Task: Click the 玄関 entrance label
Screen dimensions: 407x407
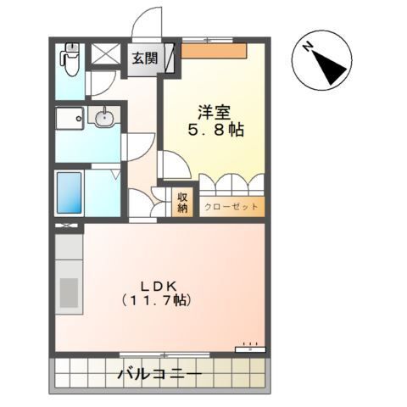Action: coord(145,59)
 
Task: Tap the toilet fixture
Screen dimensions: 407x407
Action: coord(70,59)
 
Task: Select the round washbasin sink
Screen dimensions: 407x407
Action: coord(104,116)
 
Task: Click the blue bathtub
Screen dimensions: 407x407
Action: coord(70,192)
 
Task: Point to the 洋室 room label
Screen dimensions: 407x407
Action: coord(215,113)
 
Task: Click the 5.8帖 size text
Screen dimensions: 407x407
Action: coord(215,130)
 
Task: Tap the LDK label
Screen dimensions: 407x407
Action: coord(159,287)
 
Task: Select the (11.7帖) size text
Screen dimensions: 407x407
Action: coord(157,300)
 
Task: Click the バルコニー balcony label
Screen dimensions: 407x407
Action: coord(160,375)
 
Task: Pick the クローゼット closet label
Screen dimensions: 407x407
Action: coord(231,207)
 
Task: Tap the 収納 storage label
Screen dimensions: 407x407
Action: coord(182,203)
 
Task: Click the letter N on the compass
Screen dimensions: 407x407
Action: coord(308,47)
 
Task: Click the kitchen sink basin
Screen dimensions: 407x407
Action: coord(69,293)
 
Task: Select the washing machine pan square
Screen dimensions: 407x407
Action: coord(70,118)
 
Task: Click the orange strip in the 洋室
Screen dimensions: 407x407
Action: coord(214,51)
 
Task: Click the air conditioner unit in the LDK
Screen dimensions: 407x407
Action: coord(250,349)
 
